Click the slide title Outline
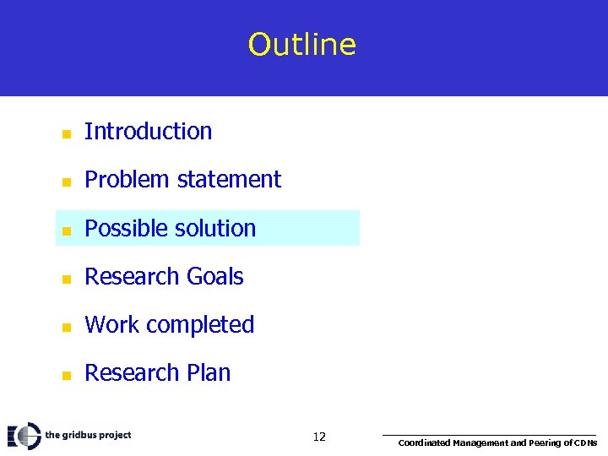pyautogui.click(x=302, y=45)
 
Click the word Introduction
pyautogui.click(x=148, y=132)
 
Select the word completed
pyautogui.click(x=201, y=325)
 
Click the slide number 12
pyautogui.click(x=319, y=437)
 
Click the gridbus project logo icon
pyautogui.click(x=24, y=436)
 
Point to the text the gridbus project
pyautogui.click(x=88, y=436)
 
